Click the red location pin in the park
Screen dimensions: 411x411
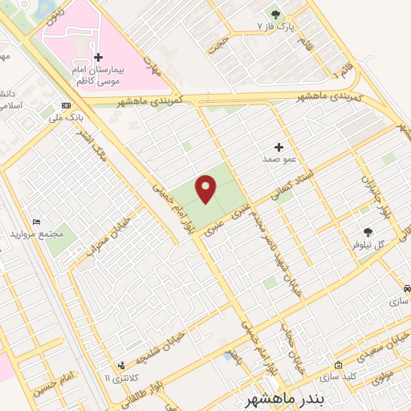click(x=206, y=188)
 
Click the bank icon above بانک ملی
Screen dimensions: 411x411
click(x=65, y=106)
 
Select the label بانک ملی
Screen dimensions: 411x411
click(x=66, y=118)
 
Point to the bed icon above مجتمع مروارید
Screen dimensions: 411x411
click(x=36, y=221)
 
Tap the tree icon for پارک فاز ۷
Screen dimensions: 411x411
click(x=276, y=14)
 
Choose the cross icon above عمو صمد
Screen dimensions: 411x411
click(x=279, y=147)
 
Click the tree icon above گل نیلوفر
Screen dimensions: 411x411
click(x=368, y=232)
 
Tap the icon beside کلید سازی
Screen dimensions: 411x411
click(x=338, y=364)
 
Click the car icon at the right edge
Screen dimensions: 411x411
click(x=408, y=288)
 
